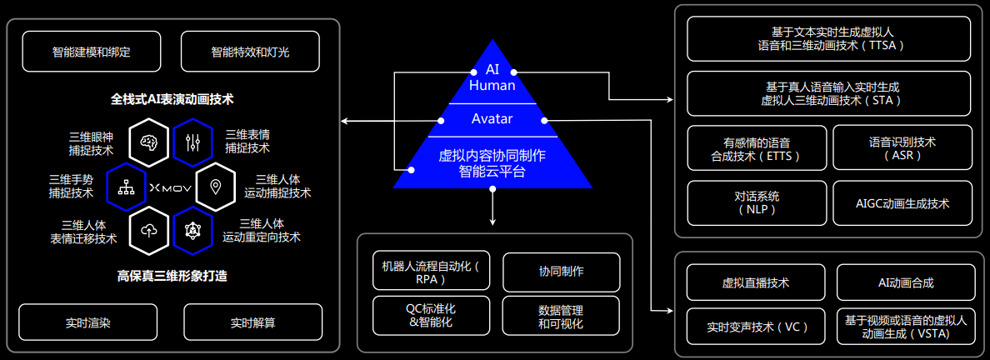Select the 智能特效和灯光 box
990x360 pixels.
(250, 52)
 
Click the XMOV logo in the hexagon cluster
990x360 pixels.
(172, 188)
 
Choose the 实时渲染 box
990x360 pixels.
(87, 322)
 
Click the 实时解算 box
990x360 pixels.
(252, 322)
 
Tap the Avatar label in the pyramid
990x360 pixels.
(492, 119)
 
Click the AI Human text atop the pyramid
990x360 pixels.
(492, 77)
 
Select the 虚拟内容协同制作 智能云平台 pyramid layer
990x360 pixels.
(492, 163)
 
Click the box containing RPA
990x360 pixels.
(431, 272)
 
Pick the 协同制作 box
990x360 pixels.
(561, 272)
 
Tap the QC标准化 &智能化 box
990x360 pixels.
(431, 315)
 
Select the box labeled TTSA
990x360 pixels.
(829, 38)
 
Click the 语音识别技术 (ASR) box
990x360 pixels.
(902, 148)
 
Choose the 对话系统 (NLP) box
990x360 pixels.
(757, 203)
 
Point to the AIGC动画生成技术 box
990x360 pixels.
(902, 203)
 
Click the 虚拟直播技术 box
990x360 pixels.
(756, 282)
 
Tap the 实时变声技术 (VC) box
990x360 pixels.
(756, 326)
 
